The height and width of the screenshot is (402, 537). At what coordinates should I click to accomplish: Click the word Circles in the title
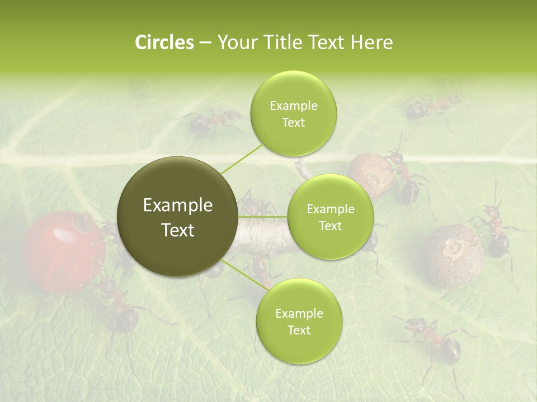(164, 42)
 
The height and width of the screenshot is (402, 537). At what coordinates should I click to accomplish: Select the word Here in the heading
(371, 42)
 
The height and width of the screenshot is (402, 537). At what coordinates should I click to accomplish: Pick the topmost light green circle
(293, 114)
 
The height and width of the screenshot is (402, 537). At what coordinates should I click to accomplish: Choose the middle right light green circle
(330, 217)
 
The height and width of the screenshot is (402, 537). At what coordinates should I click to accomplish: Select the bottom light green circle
(299, 322)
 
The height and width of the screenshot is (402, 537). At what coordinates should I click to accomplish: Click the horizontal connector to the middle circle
(263, 217)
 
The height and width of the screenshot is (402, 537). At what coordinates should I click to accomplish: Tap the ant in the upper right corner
(431, 106)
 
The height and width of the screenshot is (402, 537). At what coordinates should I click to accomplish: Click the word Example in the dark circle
(178, 205)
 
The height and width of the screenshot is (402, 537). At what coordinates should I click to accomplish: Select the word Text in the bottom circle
(299, 330)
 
